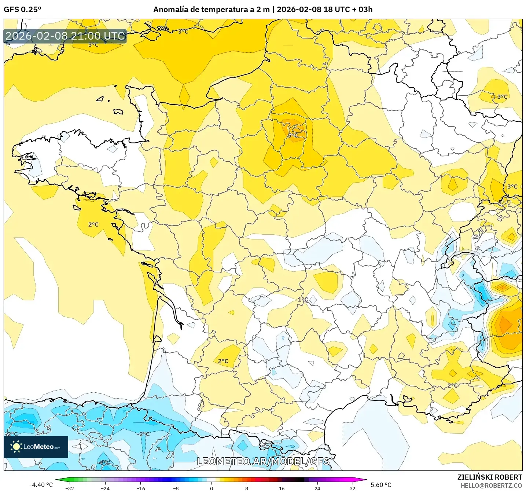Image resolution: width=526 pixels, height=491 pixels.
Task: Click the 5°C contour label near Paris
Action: click(x=293, y=136)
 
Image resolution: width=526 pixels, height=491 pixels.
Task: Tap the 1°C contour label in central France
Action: click(x=303, y=300)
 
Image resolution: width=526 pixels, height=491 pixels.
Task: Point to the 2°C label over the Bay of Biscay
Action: click(x=93, y=224)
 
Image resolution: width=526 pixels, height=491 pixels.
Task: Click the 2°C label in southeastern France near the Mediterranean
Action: click(x=452, y=385)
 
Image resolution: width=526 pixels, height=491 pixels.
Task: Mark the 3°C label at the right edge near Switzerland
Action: click(x=512, y=187)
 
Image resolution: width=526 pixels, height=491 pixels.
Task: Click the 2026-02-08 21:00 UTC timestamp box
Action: click(x=65, y=36)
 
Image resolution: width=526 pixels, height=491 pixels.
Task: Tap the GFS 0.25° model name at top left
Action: click(x=22, y=10)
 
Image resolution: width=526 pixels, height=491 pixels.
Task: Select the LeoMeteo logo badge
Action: click(x=36, y=447)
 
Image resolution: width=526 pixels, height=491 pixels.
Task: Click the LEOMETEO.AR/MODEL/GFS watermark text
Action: click(x=263, y=461)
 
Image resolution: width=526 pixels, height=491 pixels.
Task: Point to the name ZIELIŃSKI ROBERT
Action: click(x=489, y=477)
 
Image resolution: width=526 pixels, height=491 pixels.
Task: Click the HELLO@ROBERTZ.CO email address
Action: click(x=491, y=485)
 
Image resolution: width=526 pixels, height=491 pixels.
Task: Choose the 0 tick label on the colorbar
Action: click(x=211, y=488)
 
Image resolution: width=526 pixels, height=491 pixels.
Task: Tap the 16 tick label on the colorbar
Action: click(x=282, y=488)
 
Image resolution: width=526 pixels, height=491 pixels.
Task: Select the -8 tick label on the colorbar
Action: click(x=176, y=488)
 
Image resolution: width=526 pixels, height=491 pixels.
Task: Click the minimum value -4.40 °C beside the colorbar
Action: click(x=41, y=485)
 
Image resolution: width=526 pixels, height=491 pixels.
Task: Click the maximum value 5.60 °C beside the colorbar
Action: click(x=381, y=485)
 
